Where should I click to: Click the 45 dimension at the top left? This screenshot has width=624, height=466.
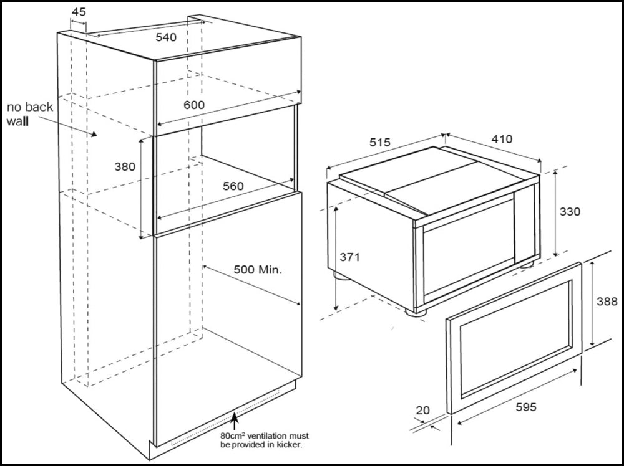79,12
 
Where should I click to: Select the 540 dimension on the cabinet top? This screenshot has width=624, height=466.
166,37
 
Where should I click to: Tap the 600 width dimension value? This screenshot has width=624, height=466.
194,105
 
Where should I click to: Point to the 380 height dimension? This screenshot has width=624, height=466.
125,166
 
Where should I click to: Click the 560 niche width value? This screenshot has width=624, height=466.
233,186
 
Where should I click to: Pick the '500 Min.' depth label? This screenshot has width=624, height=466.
258,270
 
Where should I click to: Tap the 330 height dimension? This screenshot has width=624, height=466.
569,212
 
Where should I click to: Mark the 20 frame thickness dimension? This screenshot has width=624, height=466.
422,410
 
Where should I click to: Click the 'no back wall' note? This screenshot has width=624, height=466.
30,114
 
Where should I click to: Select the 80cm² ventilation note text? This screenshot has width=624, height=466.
264,440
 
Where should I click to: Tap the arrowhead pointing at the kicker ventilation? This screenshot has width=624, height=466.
234,416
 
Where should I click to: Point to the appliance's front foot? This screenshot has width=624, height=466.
416,310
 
